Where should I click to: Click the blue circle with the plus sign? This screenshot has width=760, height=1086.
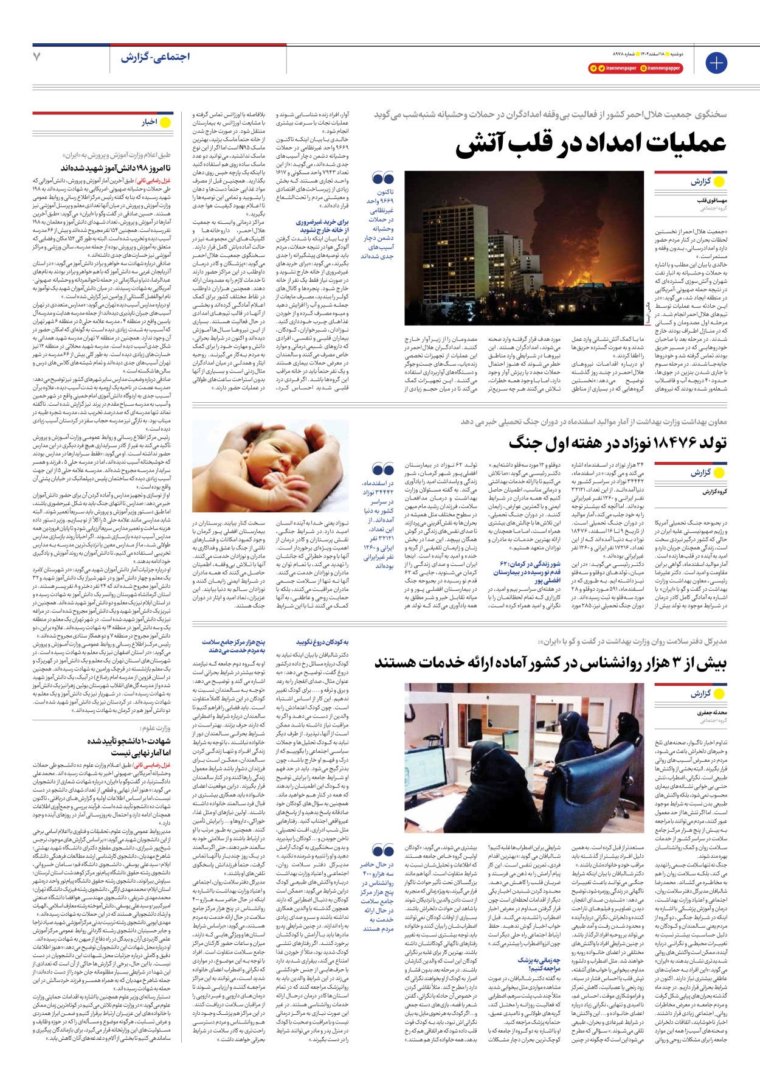pos(716,63)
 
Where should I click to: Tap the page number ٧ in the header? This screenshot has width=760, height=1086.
pos(36,57)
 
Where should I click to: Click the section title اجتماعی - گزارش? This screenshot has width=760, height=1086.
pos(155,57)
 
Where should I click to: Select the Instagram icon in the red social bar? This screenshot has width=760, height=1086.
pos(643,68)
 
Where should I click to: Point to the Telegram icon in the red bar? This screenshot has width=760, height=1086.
pos(594,68)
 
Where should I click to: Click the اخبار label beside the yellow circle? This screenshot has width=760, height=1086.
pos(150,122)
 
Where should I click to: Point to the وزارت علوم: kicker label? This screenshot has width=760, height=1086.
pos(154,728)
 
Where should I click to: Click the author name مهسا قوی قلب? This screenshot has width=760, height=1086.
pos(712,200)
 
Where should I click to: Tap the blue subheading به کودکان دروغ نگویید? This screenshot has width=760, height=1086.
pos(322,642)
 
